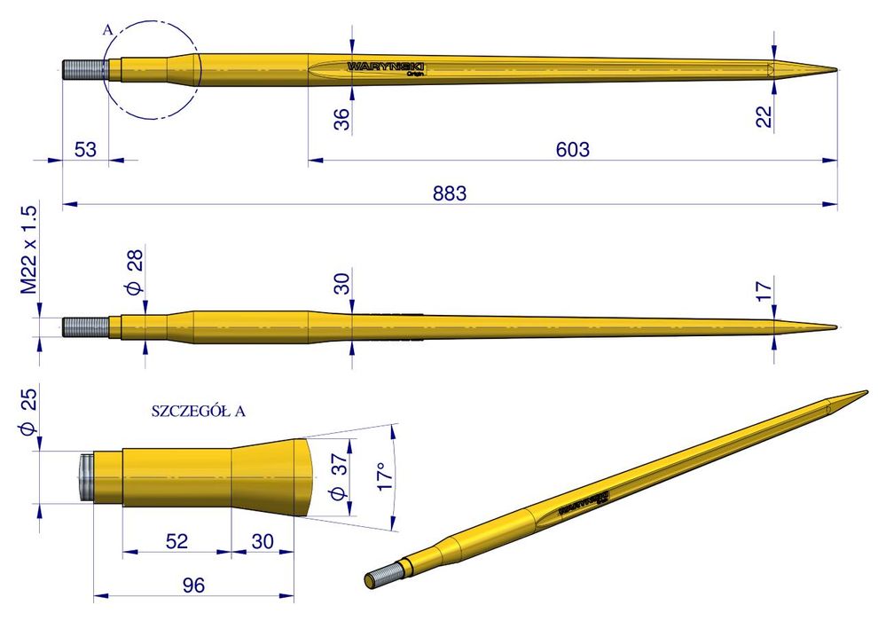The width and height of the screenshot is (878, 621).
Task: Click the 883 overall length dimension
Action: click(x=450, y=193)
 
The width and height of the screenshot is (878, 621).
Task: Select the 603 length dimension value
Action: click(x=572, y=149)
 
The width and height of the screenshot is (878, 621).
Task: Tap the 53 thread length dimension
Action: click(x=85, y=148)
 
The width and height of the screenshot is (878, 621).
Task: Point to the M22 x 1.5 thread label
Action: click(x=28, y=251)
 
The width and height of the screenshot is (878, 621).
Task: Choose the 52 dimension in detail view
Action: click(x=176, y=540)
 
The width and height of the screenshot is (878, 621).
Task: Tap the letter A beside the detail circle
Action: click(x=108, y=30)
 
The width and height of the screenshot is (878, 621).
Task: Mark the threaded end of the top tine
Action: click(x=81, y=69)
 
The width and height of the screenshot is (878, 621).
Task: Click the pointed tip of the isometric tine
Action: click(x=864, y=392)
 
